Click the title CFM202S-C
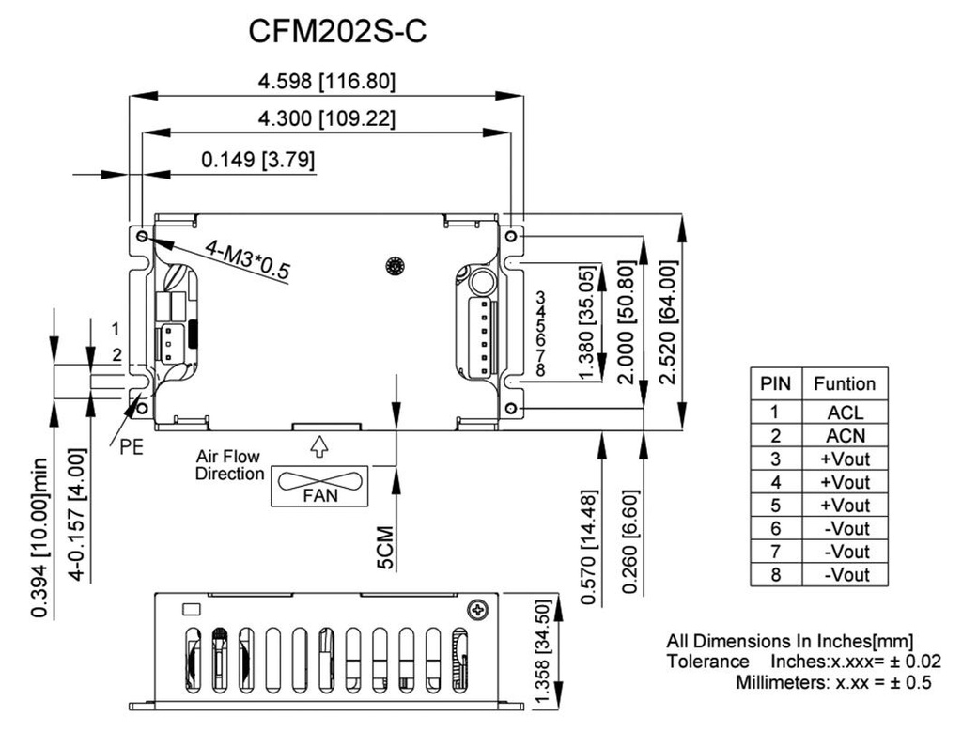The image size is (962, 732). (337, 31)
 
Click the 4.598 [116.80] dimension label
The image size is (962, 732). (327, 82)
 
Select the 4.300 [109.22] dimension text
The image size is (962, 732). (327, 119)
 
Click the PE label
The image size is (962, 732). (132, 447)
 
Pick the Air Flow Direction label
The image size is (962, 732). (229, 465)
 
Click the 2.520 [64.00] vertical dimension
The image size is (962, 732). (668, 322)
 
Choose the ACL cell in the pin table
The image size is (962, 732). (845, 412)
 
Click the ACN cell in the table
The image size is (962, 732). (845, 435)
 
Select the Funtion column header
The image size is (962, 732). (845, 383)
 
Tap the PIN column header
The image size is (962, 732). (775, 383)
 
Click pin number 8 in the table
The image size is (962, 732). (775, 574)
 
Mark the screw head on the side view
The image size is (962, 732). (480, 610)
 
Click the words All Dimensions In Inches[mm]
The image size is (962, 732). (789, 641)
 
